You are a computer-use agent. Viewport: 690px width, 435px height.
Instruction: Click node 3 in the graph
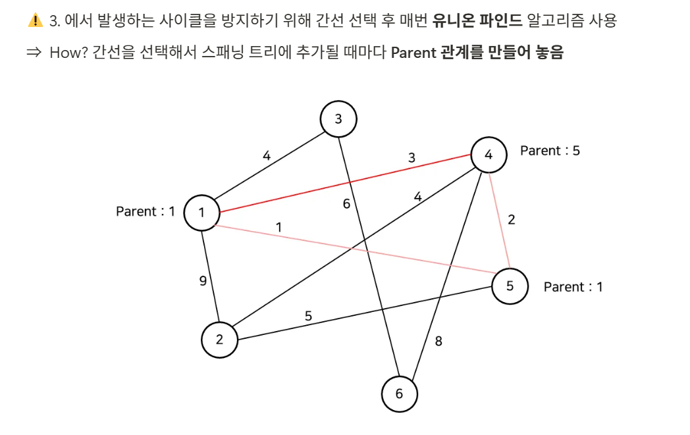click(338, 119)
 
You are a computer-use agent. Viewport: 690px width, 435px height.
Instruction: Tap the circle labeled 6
click(399, 394)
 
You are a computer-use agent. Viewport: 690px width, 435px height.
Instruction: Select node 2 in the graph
click(219, 340)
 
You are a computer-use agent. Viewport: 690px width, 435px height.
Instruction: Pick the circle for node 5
click(510, 286)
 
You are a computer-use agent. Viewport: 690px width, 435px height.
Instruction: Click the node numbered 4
click(488, 155)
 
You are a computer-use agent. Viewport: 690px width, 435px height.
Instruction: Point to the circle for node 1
click(201, 212)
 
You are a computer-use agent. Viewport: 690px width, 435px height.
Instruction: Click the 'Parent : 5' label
click(550, 151)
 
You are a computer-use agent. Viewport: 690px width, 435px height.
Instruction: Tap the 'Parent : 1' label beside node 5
click(573, 287)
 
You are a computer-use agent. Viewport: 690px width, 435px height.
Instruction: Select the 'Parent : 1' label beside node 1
click(146, 211)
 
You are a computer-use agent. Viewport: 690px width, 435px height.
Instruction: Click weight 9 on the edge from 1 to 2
click(203, 281)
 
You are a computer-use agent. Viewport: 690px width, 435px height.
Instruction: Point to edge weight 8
click(438, 341)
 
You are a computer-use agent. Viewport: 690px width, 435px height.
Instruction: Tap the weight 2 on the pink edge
click(512, 220)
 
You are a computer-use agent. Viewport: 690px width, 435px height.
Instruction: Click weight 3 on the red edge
click(412, 158)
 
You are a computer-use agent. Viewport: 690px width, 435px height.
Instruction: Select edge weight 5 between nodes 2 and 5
click(308, 316)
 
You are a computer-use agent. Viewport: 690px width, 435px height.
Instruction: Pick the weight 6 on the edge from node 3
click(346, 204)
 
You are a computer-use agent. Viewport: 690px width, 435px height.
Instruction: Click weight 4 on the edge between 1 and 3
click(267, 156)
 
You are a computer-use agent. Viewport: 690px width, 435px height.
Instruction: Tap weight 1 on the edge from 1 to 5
click(279, 227)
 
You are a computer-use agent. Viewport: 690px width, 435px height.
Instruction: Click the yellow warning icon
click(35, 20)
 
